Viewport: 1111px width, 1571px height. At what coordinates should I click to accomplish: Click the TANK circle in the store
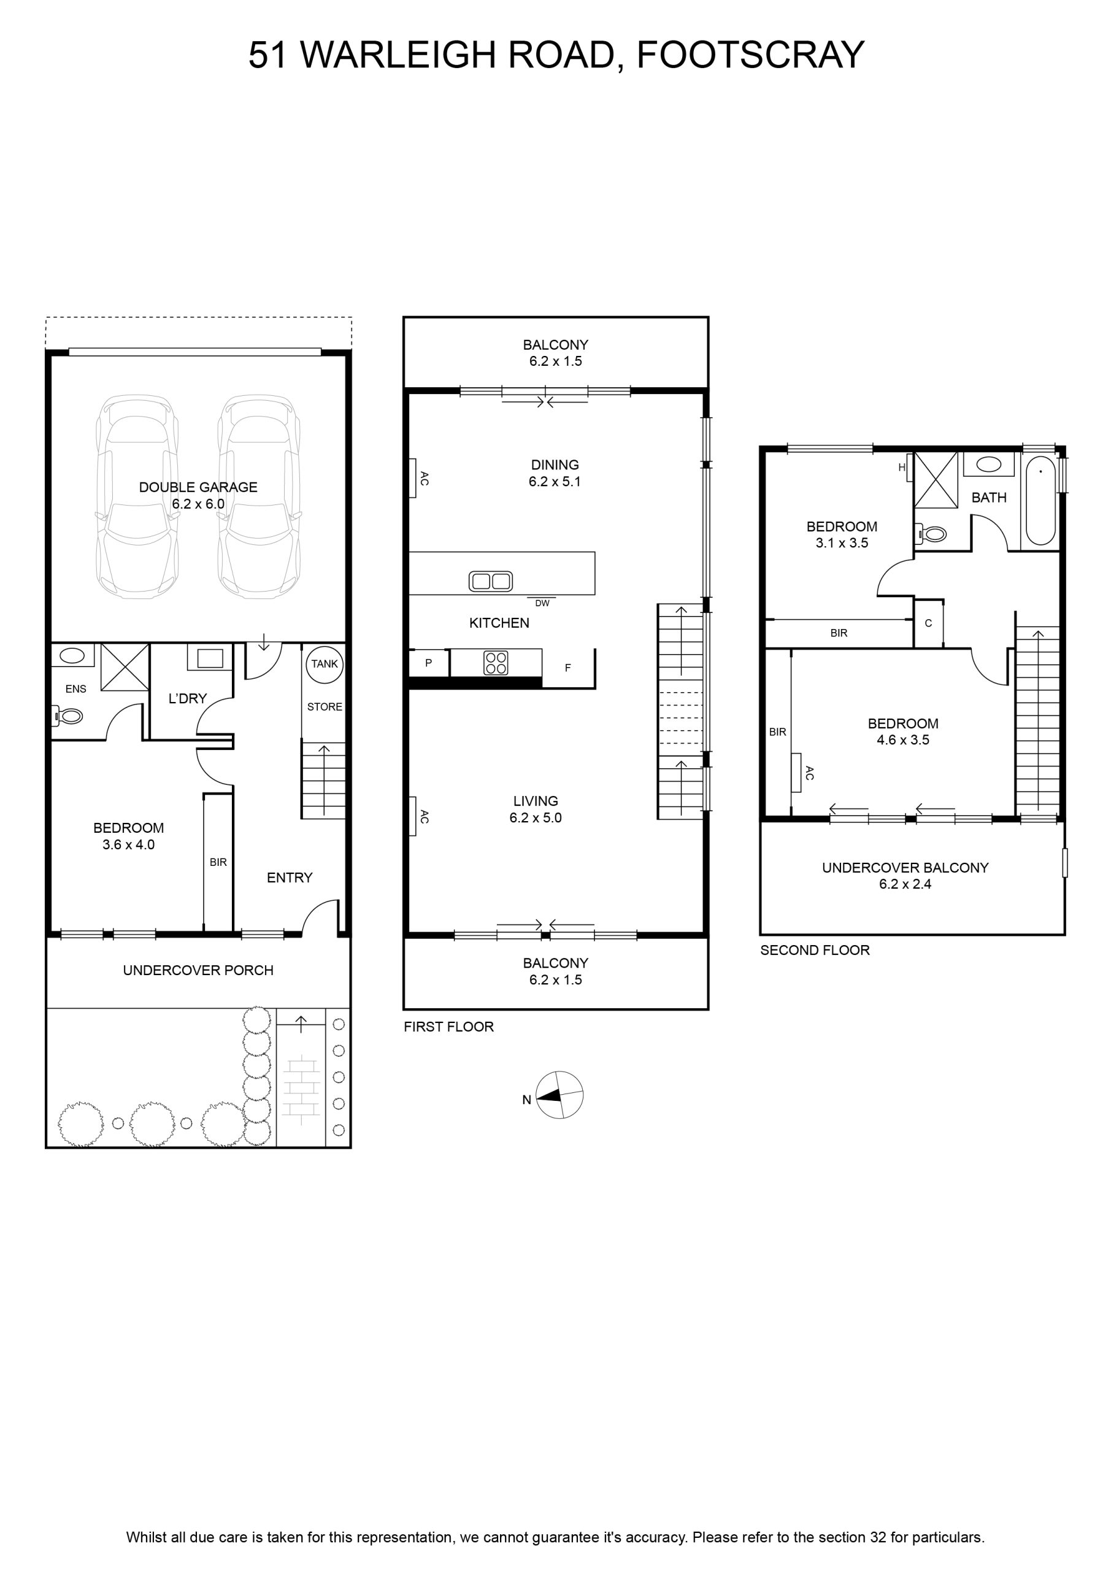click(x=325, y=665)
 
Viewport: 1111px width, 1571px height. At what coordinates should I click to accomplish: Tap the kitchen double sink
click(x=491, y=581)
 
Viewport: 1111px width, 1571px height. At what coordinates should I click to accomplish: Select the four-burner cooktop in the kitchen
click(x=496, y=662)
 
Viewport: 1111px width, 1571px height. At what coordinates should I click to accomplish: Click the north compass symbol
click(x=559, y=1095)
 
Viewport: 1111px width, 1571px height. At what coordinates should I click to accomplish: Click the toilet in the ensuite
click(x=67, y=716)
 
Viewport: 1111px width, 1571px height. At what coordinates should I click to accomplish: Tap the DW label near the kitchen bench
click(x=542, y=603)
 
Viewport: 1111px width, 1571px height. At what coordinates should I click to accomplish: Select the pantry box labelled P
click(x=429, y=662)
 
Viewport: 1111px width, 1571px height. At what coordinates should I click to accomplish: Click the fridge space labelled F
click(x=569, y=668)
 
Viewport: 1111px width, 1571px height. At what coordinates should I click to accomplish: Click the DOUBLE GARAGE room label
click(x=198, y=487)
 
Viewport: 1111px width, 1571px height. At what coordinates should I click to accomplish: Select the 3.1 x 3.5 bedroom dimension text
click(x=842, y=543)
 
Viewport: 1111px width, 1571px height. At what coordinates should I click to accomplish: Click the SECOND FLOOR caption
click(x=815, y=950)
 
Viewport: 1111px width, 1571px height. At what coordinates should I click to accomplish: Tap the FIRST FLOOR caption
click(x=449, y=1026)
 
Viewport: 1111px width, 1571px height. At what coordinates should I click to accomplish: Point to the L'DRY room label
click(x=188, y=698)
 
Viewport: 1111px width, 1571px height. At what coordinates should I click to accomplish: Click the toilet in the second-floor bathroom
click(x=932, y=533)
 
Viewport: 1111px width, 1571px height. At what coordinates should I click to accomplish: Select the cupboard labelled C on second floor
click(x=928, y=623)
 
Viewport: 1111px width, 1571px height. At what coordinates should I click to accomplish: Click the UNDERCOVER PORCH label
click(x=198, y=970)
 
